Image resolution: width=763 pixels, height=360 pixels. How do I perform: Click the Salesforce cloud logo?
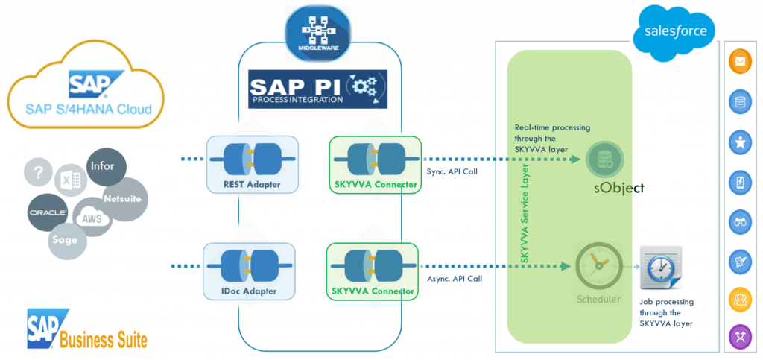point(674,32)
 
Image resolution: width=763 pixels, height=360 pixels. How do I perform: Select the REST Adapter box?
point(251,163)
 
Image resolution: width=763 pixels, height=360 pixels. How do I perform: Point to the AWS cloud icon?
point(92,218)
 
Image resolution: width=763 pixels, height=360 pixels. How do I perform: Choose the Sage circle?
point(64,240)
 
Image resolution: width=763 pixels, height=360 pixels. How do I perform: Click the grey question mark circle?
point(41,172)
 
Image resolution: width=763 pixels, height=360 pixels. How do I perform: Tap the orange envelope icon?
point(740,63)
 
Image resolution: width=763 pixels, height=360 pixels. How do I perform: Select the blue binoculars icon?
point(740,221)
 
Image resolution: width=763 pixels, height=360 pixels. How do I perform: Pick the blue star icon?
point(740,142)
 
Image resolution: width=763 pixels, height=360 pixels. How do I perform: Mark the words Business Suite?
point(104,340)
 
